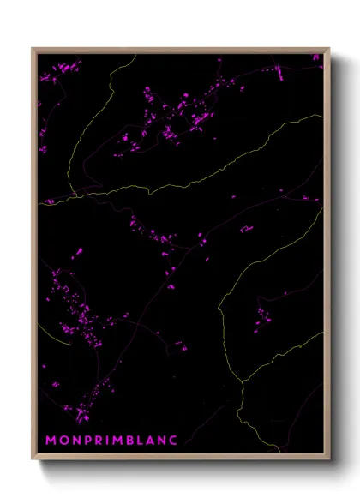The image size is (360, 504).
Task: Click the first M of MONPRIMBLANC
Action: [x=50, y=440]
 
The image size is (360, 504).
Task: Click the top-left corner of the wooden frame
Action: [x=33, y=49]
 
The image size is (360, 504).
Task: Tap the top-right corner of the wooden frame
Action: [x=328, y=49]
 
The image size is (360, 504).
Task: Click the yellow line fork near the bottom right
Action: [x=243, y=381]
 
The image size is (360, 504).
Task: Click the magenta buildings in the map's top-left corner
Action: [x=51, y=77]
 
